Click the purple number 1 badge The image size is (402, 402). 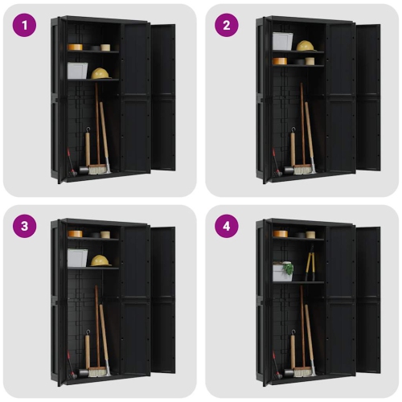point(25,25)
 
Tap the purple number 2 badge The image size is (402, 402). point(226,25)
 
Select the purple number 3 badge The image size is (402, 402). point(25,226)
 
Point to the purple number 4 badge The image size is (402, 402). point(226,226)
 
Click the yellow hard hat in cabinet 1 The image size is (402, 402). point(100,73)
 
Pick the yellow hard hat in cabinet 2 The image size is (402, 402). point(305,46)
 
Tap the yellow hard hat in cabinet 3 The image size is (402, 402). point(100,260)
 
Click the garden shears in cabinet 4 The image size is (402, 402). point(309,266)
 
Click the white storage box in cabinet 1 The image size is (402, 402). point(78,71)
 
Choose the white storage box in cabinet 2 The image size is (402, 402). point(282,41)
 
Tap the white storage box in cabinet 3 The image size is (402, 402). point(77,257)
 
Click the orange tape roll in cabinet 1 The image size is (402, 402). point(75,47)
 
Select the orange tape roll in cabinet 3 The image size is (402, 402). point(75,234)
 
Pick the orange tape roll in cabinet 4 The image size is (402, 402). point(280,234)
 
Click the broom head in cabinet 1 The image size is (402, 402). point(98,170)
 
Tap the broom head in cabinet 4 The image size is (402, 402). point(302,371)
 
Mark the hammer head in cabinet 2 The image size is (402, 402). point(286,171)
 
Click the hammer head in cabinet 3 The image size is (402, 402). point(82,372)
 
